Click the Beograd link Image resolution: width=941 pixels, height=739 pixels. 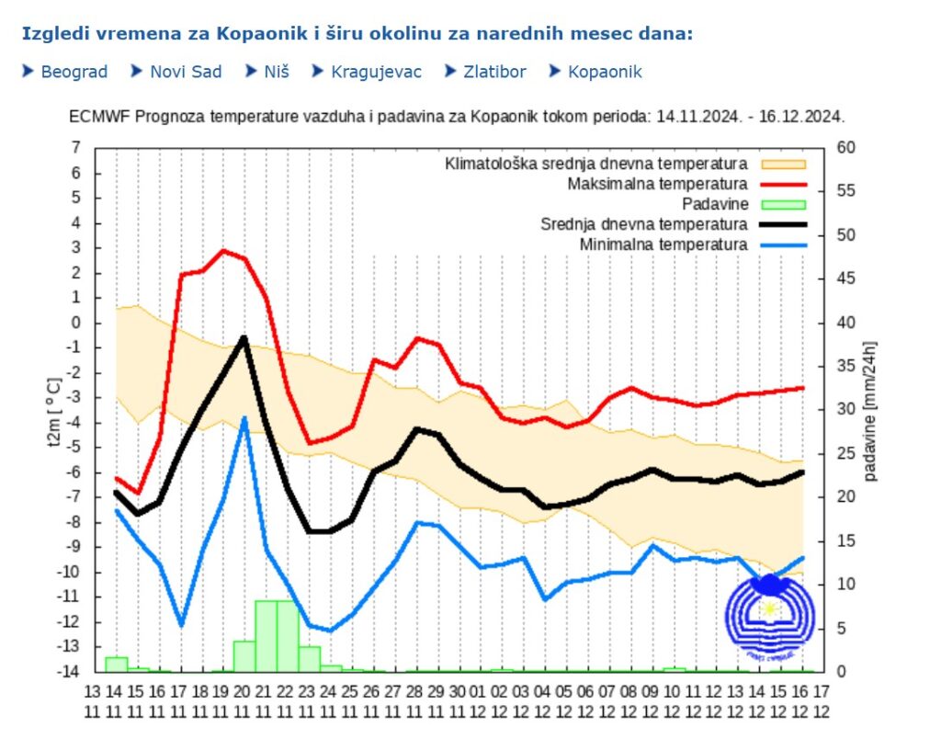[x=74, y=72]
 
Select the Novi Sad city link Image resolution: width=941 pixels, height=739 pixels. [x=186, y=72]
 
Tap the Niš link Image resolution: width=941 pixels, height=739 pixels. [x=278, y=72]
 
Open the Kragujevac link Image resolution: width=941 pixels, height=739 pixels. [x=378, y=72]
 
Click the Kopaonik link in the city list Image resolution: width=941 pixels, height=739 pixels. [x=605, y=72]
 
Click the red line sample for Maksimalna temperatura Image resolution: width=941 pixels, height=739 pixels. [x=782, y=185]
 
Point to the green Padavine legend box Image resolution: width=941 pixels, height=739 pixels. [x=782, y=204]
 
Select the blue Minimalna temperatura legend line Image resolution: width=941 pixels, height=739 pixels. [x=782, y=244]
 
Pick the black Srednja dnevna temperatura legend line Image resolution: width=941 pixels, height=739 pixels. [x=782, y=224]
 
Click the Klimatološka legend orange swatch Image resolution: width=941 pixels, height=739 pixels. [x=782, y=165]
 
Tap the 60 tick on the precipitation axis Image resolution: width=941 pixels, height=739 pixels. [x=845, y=148]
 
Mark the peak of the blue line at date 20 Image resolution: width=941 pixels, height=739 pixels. [x=244, y=418]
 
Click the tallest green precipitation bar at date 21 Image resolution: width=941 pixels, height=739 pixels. [x=266, y=634]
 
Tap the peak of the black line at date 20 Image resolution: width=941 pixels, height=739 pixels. [x=244, y=337]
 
